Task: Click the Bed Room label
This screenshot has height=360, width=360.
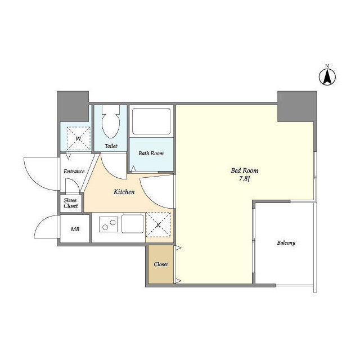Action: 244,170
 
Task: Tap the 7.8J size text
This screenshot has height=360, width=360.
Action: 244,179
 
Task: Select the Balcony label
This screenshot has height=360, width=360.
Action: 286,242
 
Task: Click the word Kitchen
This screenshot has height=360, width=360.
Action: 124,192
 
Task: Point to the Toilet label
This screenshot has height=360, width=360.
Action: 111,146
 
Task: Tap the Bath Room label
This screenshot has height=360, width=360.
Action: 151,154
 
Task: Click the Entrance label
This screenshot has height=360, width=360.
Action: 74,171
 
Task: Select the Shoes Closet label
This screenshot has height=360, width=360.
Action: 70,203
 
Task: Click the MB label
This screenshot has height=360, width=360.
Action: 75,229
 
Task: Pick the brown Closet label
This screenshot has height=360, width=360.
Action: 161,264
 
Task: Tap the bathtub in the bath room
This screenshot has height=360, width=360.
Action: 151,121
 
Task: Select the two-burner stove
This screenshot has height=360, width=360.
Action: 109,224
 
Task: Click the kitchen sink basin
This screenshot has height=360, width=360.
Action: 133,224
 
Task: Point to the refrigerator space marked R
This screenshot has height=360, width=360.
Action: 159,224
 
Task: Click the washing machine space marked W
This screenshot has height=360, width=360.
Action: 79,138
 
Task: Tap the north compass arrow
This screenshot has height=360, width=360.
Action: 327,78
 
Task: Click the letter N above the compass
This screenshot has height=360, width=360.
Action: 327,66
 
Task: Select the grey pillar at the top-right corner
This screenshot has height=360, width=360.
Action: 297,106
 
